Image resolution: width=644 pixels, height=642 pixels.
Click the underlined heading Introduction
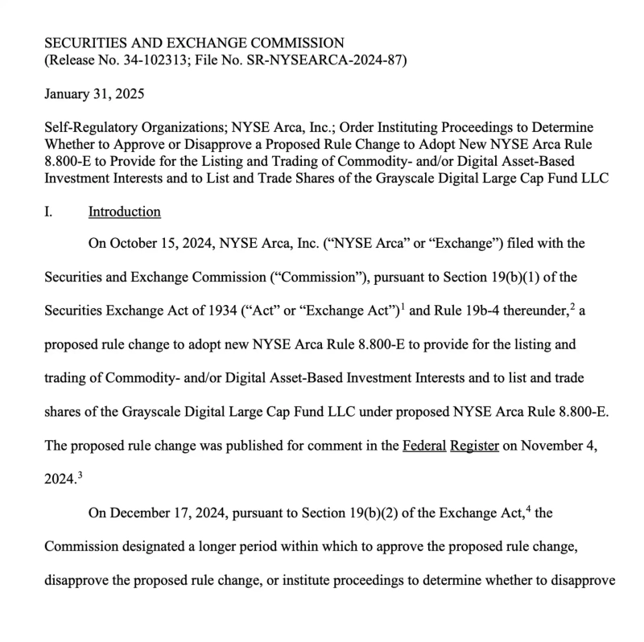pyautogui.click(x=124, y=212)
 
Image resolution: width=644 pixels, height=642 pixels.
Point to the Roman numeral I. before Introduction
pyautogui.click(x=48, y=212)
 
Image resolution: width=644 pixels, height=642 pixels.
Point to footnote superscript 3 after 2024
pyautogui.click(x=80, y=475)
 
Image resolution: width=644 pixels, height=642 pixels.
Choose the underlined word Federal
pyautogui.click(x=423, y=447)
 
